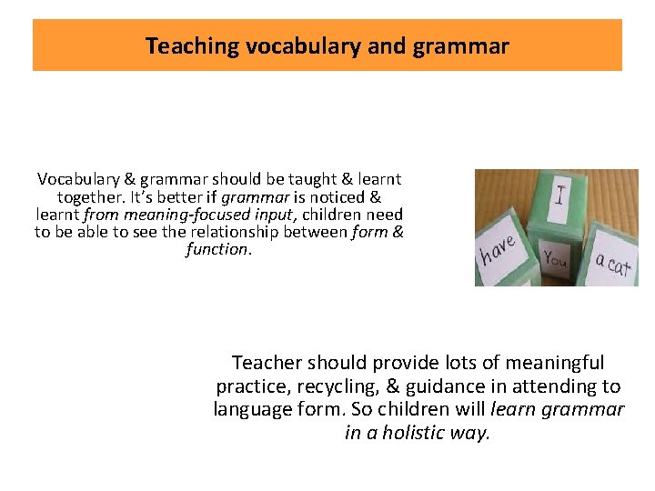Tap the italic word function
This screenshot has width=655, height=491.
tap(216, 249)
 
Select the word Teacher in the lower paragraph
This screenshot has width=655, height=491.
tap(267, 363)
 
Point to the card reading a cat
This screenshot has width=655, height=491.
tap(612, 265)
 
